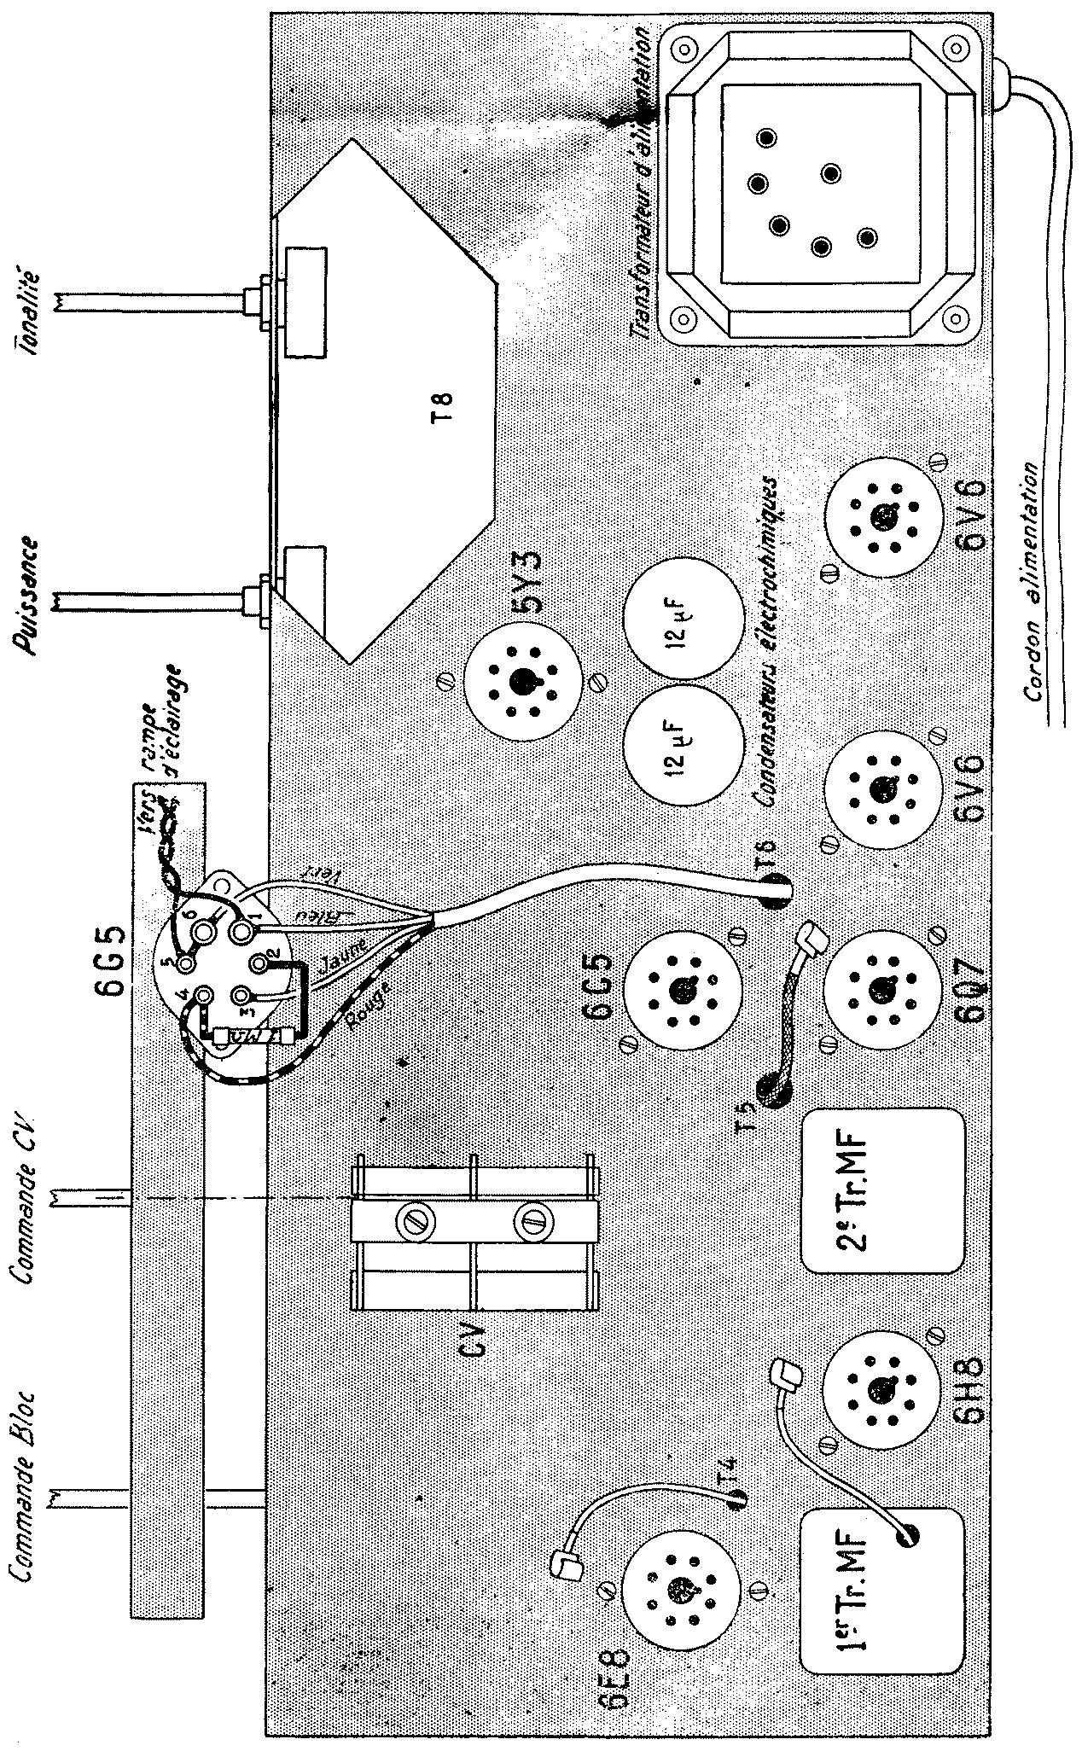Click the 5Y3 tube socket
click(520, 680)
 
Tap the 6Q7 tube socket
click(879, 989)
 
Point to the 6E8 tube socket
click(680, 1588)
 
